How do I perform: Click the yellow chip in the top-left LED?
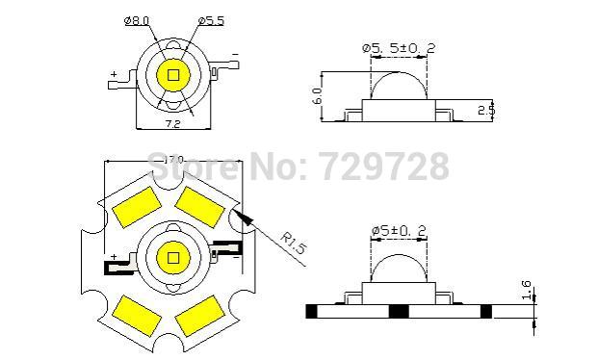click(174, 75)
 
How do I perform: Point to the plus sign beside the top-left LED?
click(115, 74)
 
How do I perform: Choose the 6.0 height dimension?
click(317, 95)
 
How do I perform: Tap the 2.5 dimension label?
click(488, 109)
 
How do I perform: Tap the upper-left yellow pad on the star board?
click(134, 207)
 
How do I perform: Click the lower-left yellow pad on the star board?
click(132, 308)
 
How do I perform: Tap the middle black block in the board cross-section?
click(397, 312)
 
